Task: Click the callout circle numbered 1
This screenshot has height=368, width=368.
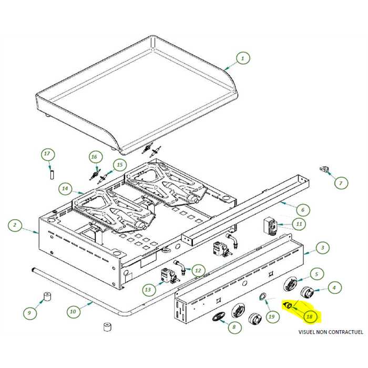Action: pyautogui.click(x=242, y=59)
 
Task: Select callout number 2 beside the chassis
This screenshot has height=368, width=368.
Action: pyautogui.click(x=15, y=226)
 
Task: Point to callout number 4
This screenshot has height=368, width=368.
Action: pyautogui.click(x=334, y=287)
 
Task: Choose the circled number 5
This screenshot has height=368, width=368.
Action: pyautogui.click(x=316, y=273)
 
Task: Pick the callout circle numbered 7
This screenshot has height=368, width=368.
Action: pyautogui.click(x=340, y=183)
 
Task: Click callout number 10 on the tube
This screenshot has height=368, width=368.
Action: pyautogui.click(x=73, y=311)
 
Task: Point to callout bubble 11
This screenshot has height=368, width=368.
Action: pyautogui.click(x=299, y=224)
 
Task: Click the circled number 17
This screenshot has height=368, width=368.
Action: pyautogui.click(x=47, y=154)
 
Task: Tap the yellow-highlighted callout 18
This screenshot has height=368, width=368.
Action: pyautogui.click(x=310, y=317)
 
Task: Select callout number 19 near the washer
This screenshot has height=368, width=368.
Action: pyautogui.click(x=271, y=316)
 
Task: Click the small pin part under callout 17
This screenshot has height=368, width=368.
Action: pyautogui.click(x=52, y=173)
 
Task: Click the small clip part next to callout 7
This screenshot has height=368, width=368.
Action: pyautogui.click(x=325, y=169)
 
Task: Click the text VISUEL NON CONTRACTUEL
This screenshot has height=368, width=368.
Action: pyautogui.click(x=330, y=332)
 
